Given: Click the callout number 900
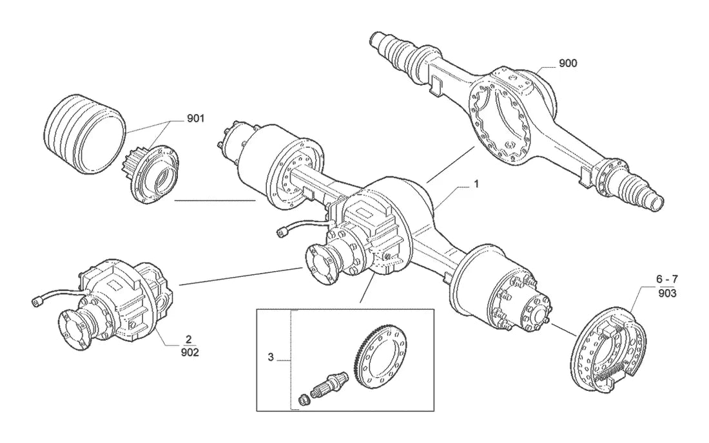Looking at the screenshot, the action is click(x=568, y=63).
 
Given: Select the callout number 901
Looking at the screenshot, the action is click(x=196, y=118).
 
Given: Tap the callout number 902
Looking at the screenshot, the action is click(x=189, y=352).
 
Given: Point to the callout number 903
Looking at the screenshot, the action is click(x=667, y=294).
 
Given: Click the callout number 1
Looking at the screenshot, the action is click(x=476, y=184).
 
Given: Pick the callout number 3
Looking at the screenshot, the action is click(x=271, y=357).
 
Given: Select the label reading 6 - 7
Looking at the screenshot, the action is click(x=667, y=279).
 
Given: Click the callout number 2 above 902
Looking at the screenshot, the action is click(x=189, y=339).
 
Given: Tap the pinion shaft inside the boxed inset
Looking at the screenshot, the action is click(x=329, y=382).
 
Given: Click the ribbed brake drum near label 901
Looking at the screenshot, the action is click(x=84, y=135).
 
